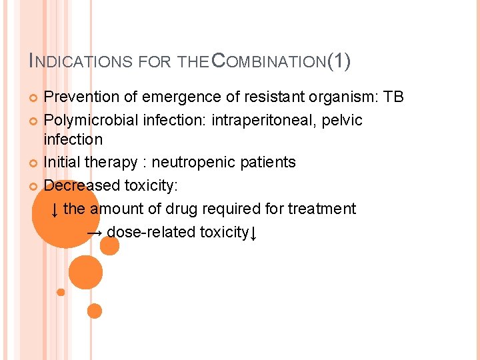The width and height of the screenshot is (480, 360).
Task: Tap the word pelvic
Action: [342, 121]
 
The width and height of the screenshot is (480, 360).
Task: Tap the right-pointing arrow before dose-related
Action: [95, 233]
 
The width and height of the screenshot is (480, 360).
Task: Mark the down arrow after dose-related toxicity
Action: [254, 233]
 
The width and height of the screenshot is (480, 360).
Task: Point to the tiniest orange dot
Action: [61, 292]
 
